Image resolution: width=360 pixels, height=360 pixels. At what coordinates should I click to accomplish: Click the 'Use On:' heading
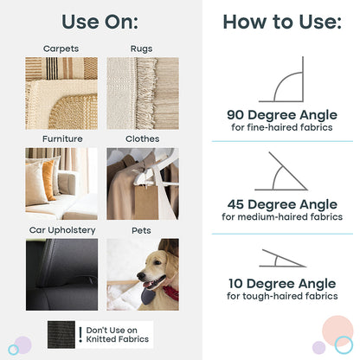100,22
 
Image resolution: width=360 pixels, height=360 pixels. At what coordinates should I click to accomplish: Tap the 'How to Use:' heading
282,22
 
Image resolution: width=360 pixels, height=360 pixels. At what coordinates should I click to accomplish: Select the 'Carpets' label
61,48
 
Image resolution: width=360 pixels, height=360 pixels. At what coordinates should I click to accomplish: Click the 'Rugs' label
141,48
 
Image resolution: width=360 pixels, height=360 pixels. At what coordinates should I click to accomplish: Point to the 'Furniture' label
62,138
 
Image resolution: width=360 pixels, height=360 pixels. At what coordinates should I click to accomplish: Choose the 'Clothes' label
142,138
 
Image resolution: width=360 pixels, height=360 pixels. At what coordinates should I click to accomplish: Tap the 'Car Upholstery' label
62,230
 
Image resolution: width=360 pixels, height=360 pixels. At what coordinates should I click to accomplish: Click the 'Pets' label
141,230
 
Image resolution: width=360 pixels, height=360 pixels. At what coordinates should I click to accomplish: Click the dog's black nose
141,276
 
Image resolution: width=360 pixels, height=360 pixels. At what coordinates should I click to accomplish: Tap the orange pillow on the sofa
49,180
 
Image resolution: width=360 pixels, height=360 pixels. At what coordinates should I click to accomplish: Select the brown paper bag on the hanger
146,202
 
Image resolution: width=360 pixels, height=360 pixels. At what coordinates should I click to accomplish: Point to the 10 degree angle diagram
282,258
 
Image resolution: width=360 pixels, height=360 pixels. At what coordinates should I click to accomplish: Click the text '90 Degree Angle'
282,115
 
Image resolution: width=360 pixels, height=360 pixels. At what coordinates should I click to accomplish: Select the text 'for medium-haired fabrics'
282,216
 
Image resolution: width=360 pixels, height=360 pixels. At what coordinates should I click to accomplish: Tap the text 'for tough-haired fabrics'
282,296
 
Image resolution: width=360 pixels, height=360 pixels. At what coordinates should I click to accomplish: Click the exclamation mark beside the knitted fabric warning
80,335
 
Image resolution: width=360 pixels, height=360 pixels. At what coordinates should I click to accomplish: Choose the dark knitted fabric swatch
61,335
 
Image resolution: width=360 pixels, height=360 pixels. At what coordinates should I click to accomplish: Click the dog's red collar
171,293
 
